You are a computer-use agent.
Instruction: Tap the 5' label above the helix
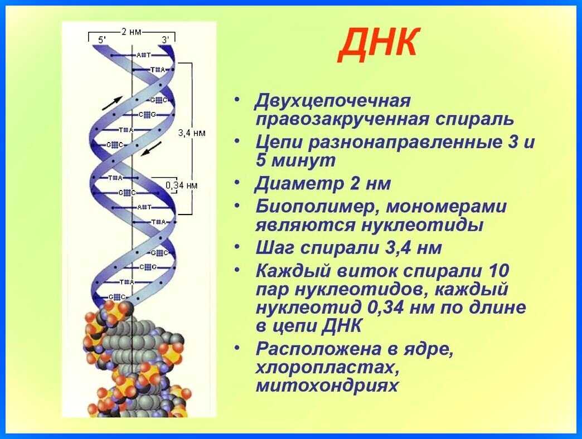pos(102,40)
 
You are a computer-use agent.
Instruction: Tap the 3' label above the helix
pos(165,40)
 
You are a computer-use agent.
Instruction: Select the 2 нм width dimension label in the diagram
pos(132,32)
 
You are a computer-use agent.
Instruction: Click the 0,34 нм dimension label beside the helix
pos(182,184)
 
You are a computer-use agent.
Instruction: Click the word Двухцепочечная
pos(333,101)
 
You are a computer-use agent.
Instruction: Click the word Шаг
pos(272,248)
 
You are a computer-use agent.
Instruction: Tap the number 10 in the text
pos(497,271)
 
